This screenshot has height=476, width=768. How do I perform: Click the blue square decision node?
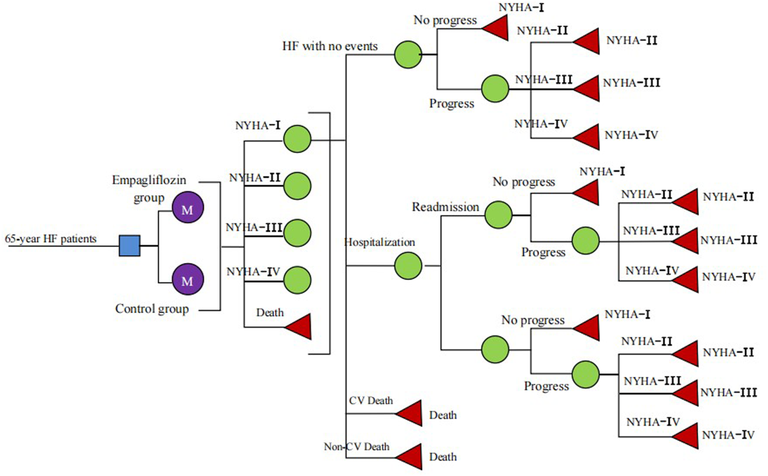[x=130, y=246]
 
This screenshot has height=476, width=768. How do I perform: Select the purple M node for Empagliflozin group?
[x=187, y=208]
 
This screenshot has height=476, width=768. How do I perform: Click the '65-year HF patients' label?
[x=51, y=239]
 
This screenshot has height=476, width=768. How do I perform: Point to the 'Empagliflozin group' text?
[x=149, y=188]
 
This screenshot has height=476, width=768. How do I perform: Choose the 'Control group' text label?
[x=151, y=309]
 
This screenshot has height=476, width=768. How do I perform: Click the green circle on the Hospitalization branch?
[x=408, y=266]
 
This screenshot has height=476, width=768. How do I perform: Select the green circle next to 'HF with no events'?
[x=408, y=55]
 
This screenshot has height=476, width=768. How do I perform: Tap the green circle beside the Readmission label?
[x=498, y=214]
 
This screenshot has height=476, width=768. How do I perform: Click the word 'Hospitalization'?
[x=379, y=242]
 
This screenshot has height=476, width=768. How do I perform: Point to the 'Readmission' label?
[x=445, y=207]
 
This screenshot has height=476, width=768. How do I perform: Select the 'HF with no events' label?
[x=330, y=46]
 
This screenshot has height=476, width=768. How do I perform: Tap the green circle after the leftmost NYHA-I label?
[x=297, y=139]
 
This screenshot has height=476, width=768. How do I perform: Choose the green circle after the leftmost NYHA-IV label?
[x=297, y=280]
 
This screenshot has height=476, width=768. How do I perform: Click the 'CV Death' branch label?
[x=371, y=401]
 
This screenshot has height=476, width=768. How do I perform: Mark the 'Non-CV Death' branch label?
[x=356, y=446]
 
